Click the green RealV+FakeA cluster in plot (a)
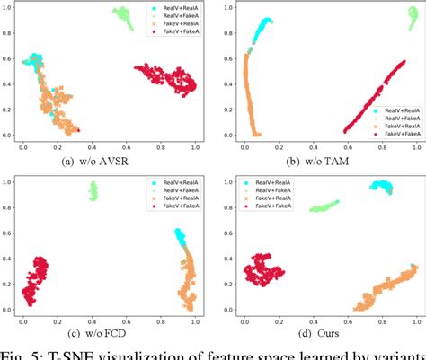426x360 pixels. pos(123,17)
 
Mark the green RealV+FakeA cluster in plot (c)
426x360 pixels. pos(93,190)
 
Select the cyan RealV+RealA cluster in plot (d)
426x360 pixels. pos(381,188)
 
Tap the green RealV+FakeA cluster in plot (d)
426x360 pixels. pos(325,206)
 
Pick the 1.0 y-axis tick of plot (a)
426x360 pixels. pos(10,7)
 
